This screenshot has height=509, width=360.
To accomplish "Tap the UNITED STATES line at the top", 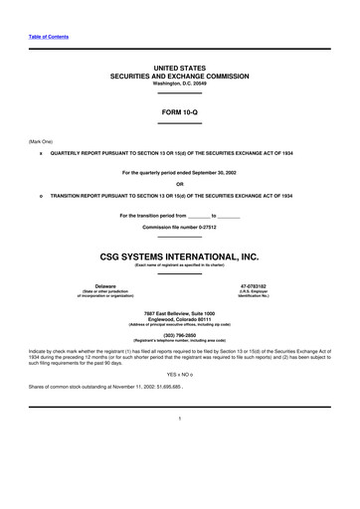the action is pos(180,65).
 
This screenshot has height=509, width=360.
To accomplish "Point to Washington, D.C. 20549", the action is pos(180,84).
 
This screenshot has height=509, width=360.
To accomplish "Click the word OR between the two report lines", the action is pos(180,183).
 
